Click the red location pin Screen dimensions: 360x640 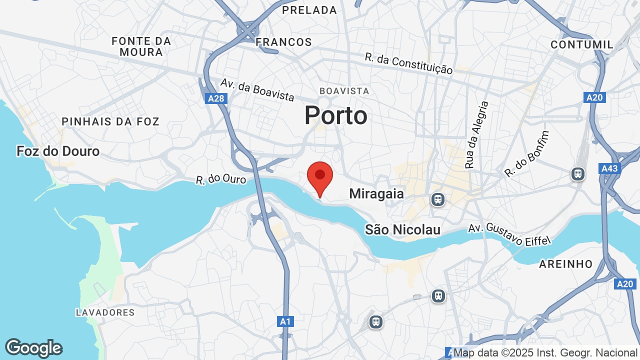(x=320, y=178)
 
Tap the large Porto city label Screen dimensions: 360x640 (x=336, y=115)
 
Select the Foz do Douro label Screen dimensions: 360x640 (x=58, y=151)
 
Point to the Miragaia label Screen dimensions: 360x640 (x=376, y=193)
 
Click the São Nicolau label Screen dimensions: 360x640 (x=403, y=229)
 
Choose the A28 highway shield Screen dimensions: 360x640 (x=216, y=98)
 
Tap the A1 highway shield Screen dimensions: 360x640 (x=285, y=321)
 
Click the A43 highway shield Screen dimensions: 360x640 (x=609, y=168)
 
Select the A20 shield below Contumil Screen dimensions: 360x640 (x=594, y=97)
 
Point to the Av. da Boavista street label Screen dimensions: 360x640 (x=257, y=90)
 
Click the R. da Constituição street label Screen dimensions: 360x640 (x=409, y=64)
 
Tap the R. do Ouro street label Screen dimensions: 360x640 (x=221, y=179)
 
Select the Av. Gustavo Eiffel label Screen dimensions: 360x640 (x=509, y=234)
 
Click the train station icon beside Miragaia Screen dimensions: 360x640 (x=438, y=199)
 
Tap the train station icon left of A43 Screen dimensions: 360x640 (x=578, y=174)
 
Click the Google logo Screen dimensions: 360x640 (x=34, y=348)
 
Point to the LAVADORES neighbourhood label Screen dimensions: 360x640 (x=105, y=312)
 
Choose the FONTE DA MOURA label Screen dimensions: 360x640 (x=141, y=46)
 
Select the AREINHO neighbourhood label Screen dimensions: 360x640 (x=565, y=264)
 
